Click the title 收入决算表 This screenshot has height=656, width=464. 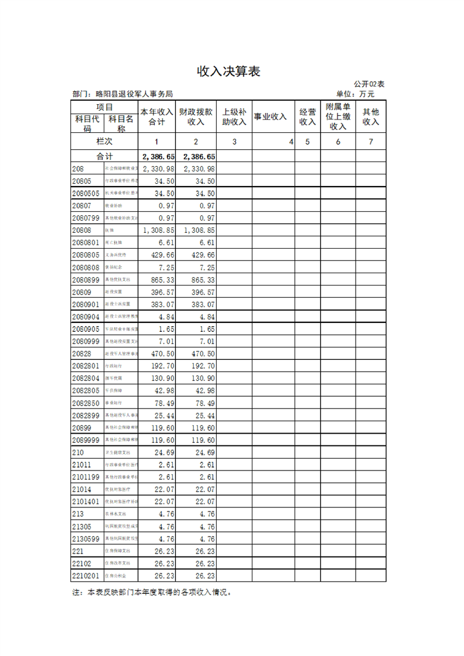coord(228,71)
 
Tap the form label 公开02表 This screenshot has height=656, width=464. coord(369,84)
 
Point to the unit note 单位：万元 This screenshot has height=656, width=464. coord(355,94)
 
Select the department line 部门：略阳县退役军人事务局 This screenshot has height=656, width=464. coord(122,94)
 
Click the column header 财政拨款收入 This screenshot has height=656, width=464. coord(196,116)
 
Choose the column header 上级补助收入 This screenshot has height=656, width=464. coord(234,116)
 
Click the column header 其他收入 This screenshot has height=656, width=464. coord(371,116)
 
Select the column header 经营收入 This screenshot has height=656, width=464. coord(307,116)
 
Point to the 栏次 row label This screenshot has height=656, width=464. coord(104,142)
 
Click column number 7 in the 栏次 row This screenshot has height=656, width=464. coord(371,142)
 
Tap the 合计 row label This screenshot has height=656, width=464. coord(104,156)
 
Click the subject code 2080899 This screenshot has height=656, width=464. coord(86,280)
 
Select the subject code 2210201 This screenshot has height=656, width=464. coord(86,575)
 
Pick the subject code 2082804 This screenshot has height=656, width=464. coord(86,378)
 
